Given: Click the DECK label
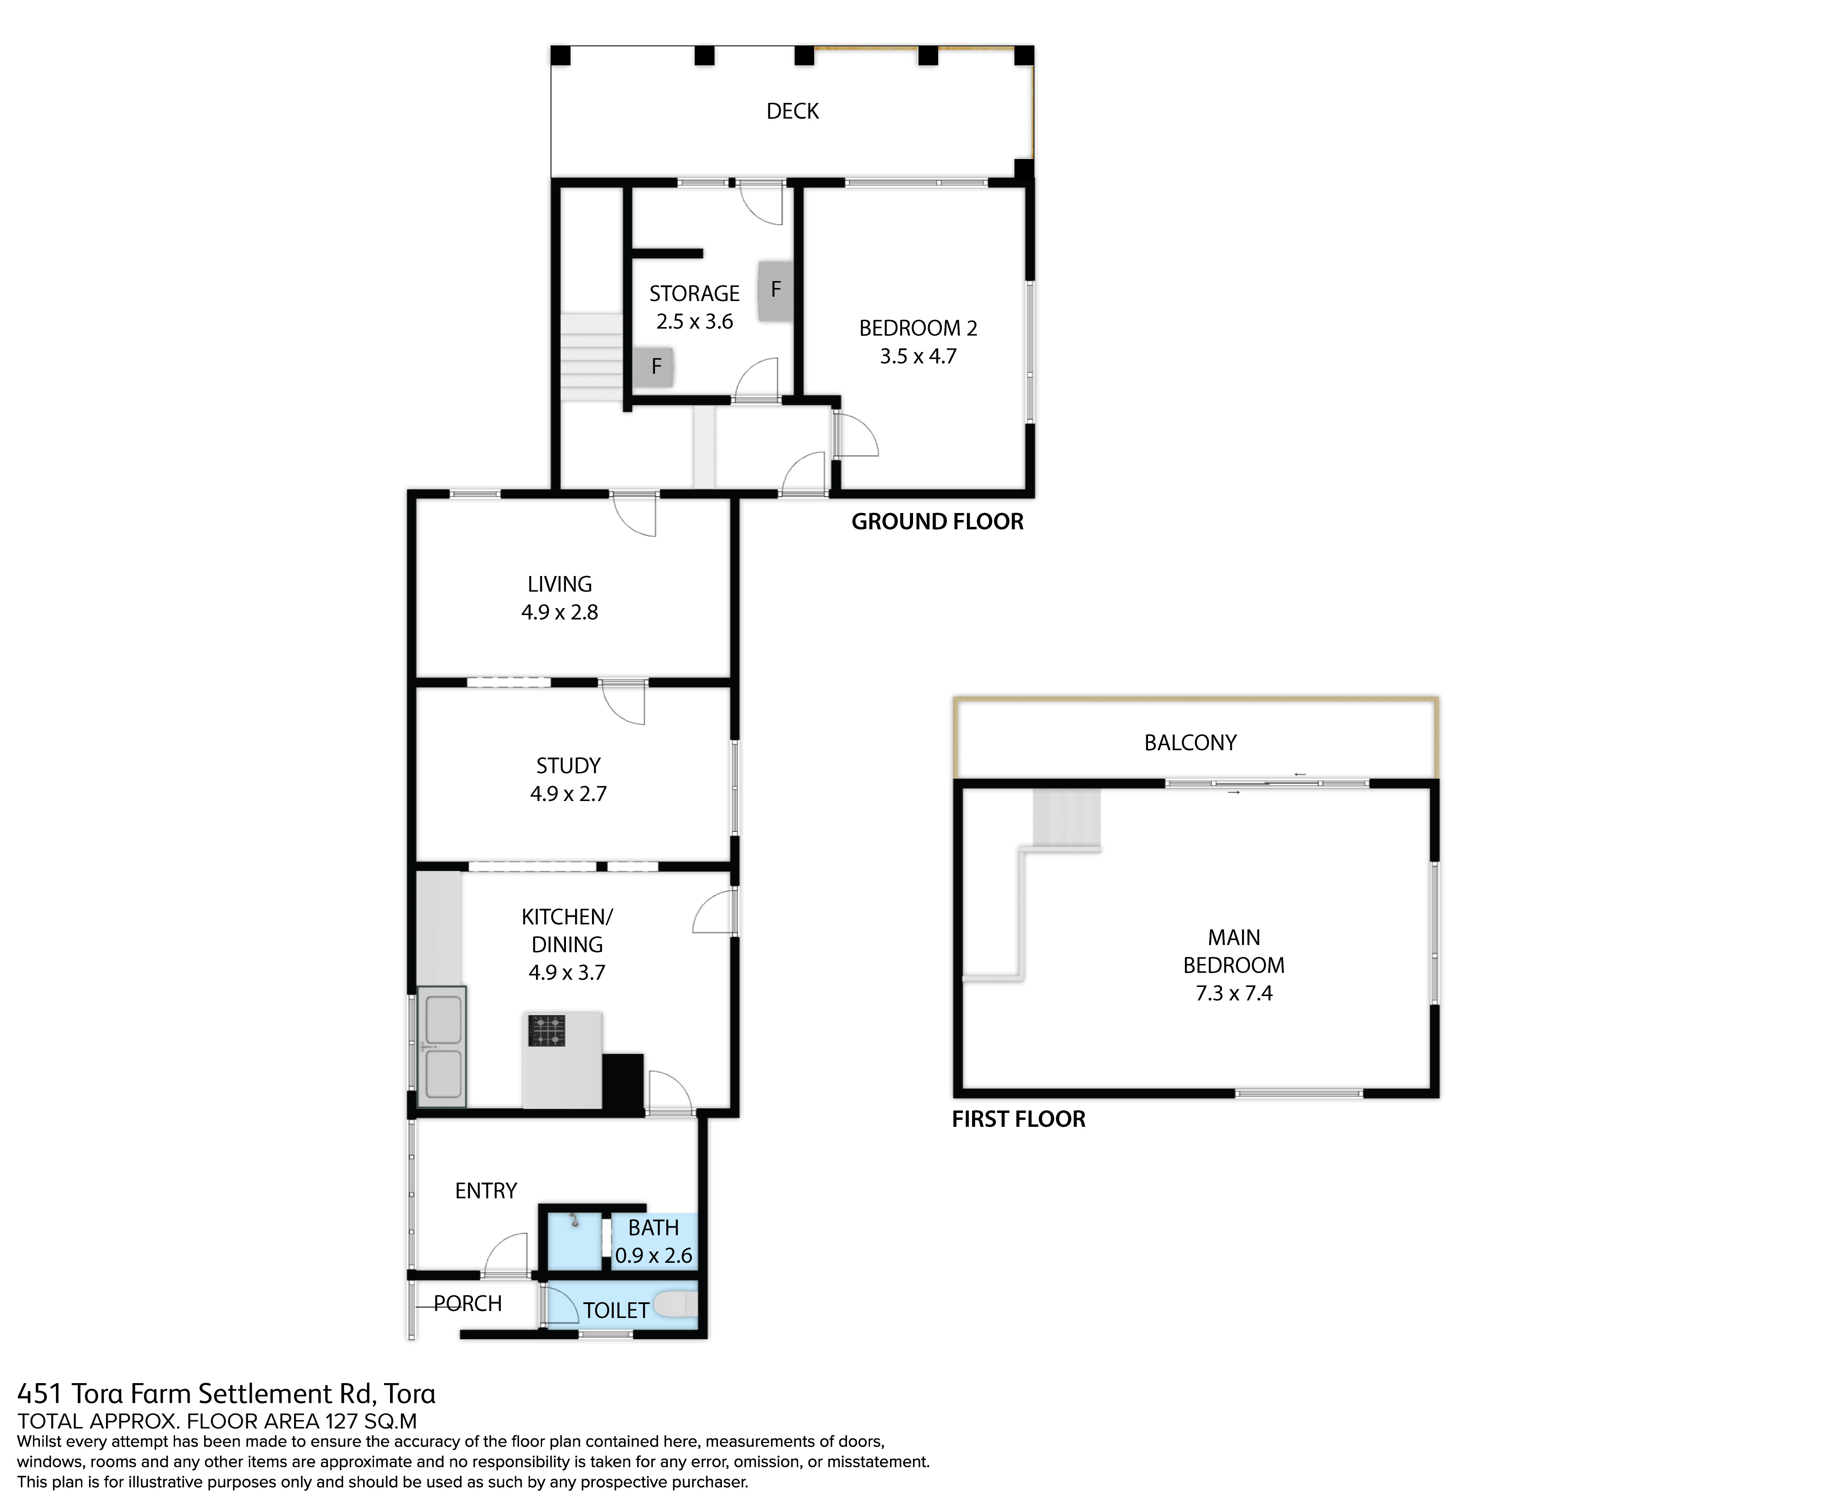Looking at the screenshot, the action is [x=792, y=111].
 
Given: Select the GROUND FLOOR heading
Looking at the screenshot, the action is [x=937, y=521].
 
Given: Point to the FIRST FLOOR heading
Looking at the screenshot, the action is [x=1018, y=1119].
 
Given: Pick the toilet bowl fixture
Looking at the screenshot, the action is [x=675, y=1304].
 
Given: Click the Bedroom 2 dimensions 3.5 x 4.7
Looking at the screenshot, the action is [x=918, y=356].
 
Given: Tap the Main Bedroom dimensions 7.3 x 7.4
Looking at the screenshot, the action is [x=1234, y=993].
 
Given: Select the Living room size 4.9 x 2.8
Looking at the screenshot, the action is [x=559, y=612].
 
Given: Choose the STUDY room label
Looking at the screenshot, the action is [x=568, y=765].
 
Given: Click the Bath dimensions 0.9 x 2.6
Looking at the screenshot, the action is [x=654, y=1255].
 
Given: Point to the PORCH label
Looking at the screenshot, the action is [x=467, y=1303].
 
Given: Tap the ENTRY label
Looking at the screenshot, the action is [x=486, y=1190].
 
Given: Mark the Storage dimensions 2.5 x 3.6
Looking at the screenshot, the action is [x=695, y=321].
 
